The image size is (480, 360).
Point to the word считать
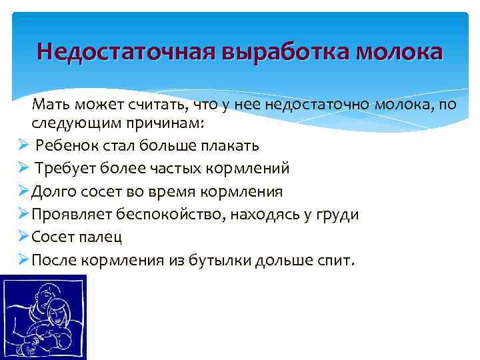coord(158,102)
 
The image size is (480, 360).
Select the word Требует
coord(65,169)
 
